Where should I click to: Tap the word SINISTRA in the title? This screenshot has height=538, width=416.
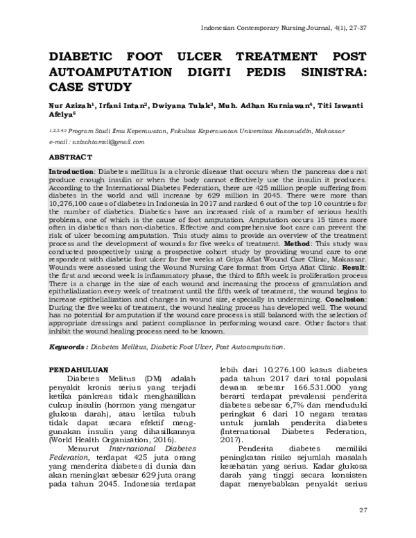(x=329, y=72)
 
